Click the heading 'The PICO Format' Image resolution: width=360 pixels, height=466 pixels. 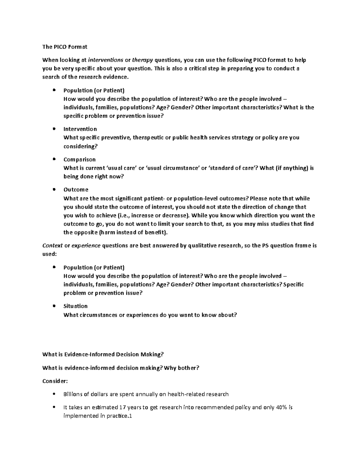coord(65,47)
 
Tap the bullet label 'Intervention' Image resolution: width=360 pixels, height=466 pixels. coord(80,129)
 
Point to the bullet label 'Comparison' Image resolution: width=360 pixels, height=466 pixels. coord(79,159)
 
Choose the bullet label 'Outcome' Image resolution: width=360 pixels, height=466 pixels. coord(76,190)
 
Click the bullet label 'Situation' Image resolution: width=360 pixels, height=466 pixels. coord(76,306)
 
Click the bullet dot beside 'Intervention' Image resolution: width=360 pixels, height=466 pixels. coord(54,129)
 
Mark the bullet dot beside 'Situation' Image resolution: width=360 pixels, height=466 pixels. coord(54,306)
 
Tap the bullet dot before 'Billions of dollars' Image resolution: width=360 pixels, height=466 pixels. coord(54,394)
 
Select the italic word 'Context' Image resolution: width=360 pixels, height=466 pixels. coord(52,246)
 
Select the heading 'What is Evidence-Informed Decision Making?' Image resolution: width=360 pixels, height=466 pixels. coord(103,355)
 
